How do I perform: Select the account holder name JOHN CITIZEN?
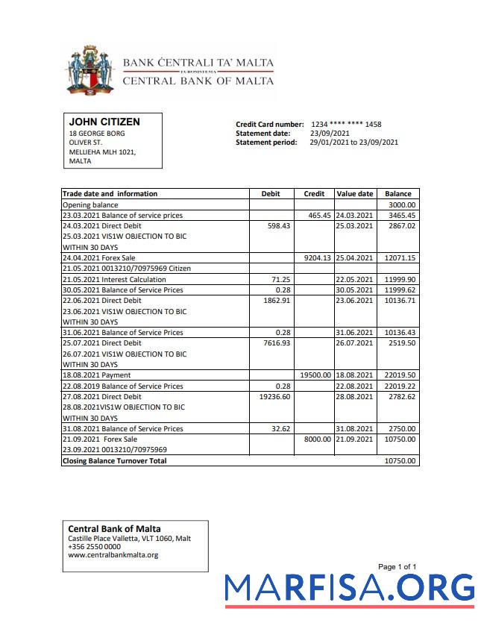click(104, 122)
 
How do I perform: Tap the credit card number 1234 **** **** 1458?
click(346, 125)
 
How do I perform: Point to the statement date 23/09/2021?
click(330, 134)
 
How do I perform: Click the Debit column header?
click(271, 194)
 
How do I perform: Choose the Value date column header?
click(355, 194)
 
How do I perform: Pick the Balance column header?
click(398, 194)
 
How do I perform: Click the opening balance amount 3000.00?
click(402, 204)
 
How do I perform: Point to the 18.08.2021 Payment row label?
click(96, 375)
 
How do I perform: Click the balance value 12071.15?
click(400, 258)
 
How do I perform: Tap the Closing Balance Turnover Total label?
click(114, 461)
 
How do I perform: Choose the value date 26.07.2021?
click(354, 344)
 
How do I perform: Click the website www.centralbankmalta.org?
click(113, 555)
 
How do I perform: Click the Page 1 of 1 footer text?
click(397, 567)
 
